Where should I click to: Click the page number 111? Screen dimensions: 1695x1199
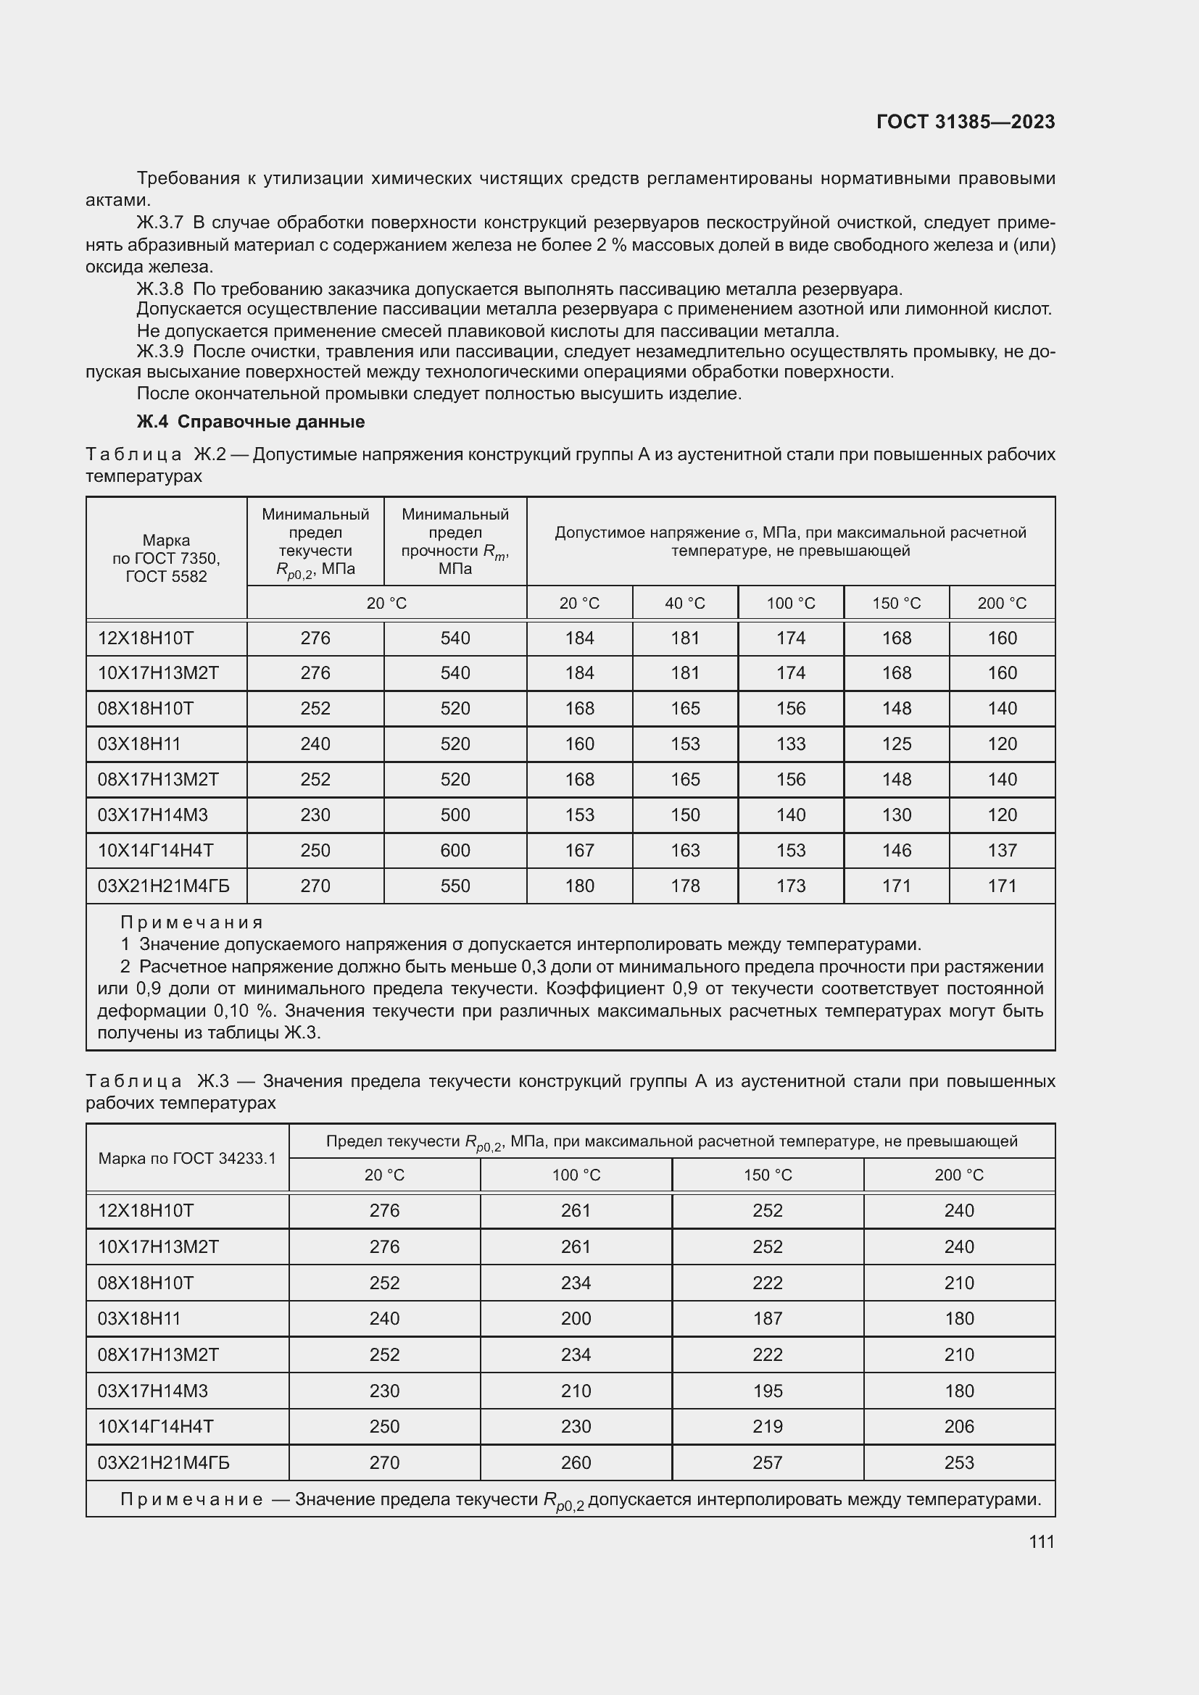pos(1042,1541)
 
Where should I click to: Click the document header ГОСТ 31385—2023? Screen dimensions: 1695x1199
pos(966,122)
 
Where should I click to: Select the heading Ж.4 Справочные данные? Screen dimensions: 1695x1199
pos(251,422)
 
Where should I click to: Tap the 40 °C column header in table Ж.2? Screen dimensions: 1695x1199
pos(685,603)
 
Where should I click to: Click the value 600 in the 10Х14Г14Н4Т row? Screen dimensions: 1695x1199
pos(455,851)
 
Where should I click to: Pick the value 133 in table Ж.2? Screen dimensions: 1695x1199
pos(791,744)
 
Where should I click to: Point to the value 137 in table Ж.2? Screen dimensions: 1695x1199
pos(1002,851)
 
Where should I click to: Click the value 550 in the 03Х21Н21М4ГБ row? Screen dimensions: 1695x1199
pos(455,886)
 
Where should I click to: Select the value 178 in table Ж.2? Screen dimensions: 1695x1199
pos(685,886)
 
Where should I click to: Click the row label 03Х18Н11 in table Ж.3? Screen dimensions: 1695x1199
pos(138,1318)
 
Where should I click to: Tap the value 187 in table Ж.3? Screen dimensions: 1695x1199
pos(767,1318)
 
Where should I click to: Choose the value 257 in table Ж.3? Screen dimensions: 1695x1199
pos(767,1462)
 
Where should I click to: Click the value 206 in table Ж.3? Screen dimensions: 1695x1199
pos(958,1426)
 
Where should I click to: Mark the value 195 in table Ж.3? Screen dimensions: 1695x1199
pos(767,1391)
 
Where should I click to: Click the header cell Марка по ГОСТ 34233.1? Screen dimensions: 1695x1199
pos(187,1158)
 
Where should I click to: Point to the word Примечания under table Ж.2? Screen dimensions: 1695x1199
pos(192,922)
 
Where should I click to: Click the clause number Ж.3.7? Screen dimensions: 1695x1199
pos(159,222)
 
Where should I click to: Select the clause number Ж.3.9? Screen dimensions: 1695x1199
pos(159,351)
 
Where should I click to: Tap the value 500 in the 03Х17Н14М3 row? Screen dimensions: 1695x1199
pos(455,815)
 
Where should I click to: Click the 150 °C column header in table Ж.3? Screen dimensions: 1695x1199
pos(767,1175)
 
